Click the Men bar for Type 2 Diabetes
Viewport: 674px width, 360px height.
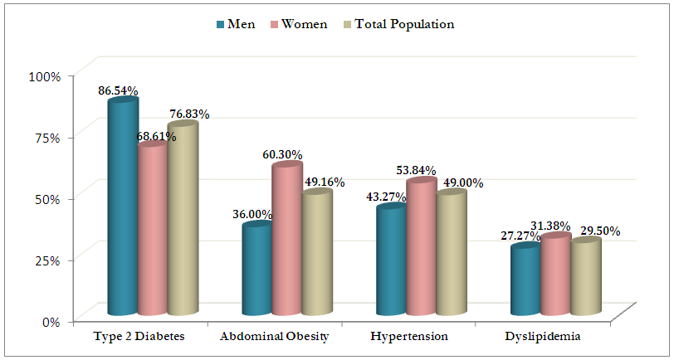pyautogui.click(x=123, y=207)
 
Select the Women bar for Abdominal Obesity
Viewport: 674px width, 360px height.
pyautogui.click(x=287, y=241)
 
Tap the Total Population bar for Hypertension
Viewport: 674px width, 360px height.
pyautogui.click(x=452, y=253)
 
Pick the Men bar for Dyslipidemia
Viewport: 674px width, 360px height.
pyautogui.click(x=526, y=280)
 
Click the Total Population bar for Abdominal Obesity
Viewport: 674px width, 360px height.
pyautogui.click(x=317, y=253)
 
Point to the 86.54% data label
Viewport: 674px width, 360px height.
pyautogui.click(x=118, y=90)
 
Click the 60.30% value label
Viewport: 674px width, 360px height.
pyautogui.click(x=282, y=154)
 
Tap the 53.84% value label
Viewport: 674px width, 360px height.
pyautogui.click(x=416, y=170)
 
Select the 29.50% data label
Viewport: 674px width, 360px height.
pyautogui.click(x=599, y=231)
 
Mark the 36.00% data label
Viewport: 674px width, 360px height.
pyautogui.click(x=252, y=214)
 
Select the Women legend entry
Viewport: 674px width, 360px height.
pyautogui.click(x=298, y=24)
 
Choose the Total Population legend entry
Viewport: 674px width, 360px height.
pyautogui.click(x=398, y=24)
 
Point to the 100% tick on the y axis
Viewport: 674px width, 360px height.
pyautogui.click(x=46, y=76)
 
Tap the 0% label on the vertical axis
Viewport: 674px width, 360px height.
pyautogui.click(x=51, y=321)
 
